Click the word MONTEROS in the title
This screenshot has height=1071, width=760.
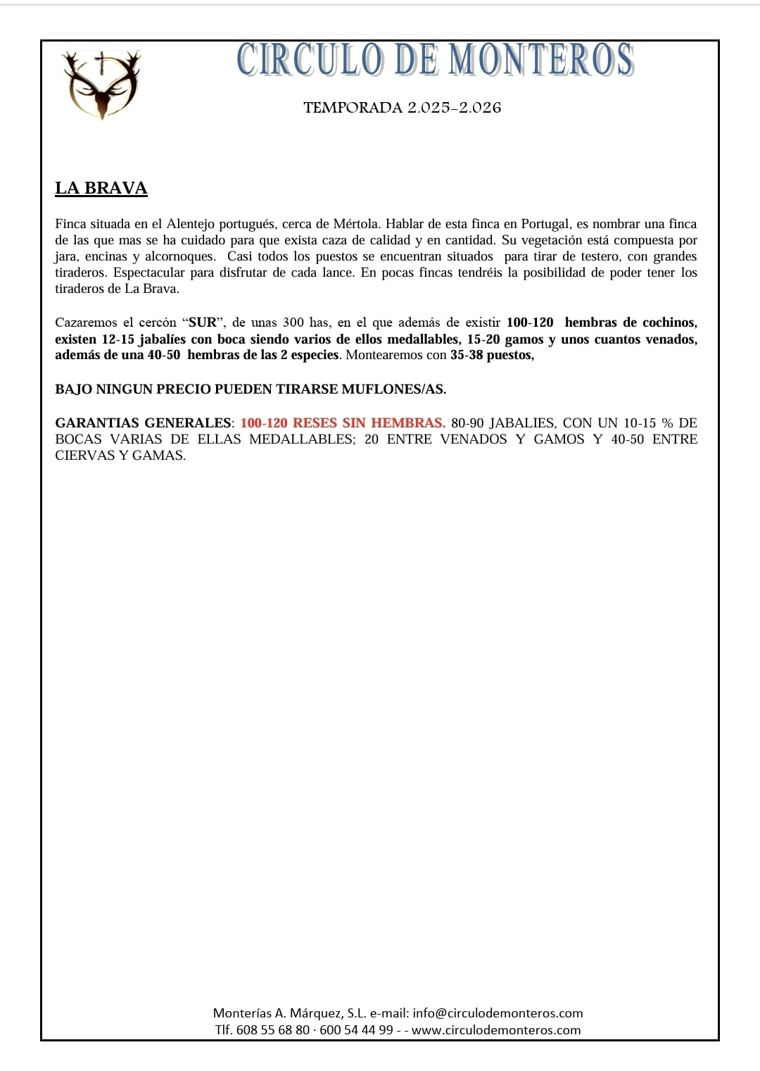pyautogui.click(x=541, y=60)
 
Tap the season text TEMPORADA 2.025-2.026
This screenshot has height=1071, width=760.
pyautogui.click(x=402, y=108)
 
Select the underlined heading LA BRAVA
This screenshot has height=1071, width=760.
pyautogui.click(x=101, y=188)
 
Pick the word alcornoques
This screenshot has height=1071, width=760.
pyautogui.click(x=179, y=256)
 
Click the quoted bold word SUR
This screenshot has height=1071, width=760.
pyautogui.click(x=203, y=322)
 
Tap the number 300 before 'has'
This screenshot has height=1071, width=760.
pyautogui.click(x=293, y=322)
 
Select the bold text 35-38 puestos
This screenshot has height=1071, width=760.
pyautogui.click(x=491, y=355)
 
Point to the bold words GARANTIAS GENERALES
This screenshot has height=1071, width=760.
pyautogui.click(x=143, y=423)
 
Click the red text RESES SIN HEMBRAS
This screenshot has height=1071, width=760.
pyautogui.click(x=369, y=423)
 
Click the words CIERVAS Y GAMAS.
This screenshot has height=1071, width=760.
pyautogui.click(x=120, y=456)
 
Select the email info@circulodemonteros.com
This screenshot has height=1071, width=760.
pyautogui.click(x=498, y=1013)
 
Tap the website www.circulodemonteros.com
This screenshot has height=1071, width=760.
pyautogui.click(x=496, y=1030)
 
